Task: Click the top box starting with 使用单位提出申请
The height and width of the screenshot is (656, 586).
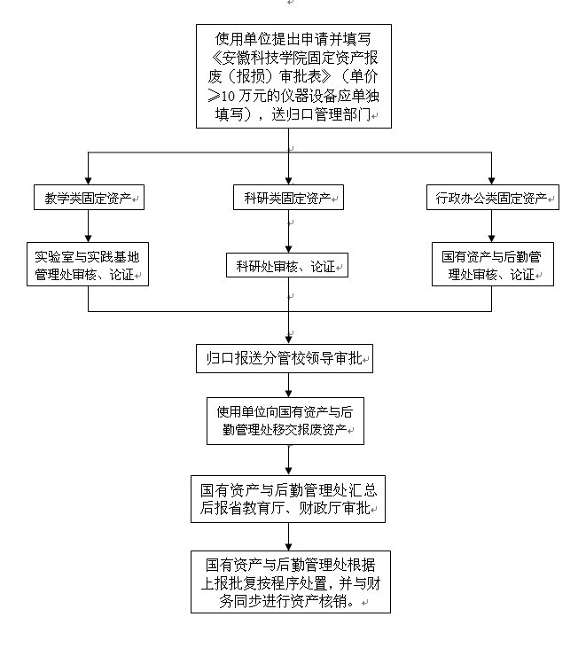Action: coord(293,76)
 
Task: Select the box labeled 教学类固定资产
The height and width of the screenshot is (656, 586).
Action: coord(88,198)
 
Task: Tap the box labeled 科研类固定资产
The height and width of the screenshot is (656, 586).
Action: coord(288,197)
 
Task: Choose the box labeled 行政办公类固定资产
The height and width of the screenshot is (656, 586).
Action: coord(491,198)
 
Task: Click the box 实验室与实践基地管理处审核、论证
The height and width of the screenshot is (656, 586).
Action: coord(88,265)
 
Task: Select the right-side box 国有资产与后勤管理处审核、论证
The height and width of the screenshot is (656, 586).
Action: coord(492,265)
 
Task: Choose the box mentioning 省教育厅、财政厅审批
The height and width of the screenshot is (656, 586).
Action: coord(288,498)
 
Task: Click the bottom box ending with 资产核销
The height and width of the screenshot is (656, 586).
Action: coord(288,582)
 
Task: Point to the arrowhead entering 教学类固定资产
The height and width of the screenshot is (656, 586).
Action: coord(88,180)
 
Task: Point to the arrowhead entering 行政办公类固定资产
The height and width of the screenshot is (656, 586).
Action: coord(491,180)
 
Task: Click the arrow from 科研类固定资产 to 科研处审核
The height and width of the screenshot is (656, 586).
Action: coord(288,232)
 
